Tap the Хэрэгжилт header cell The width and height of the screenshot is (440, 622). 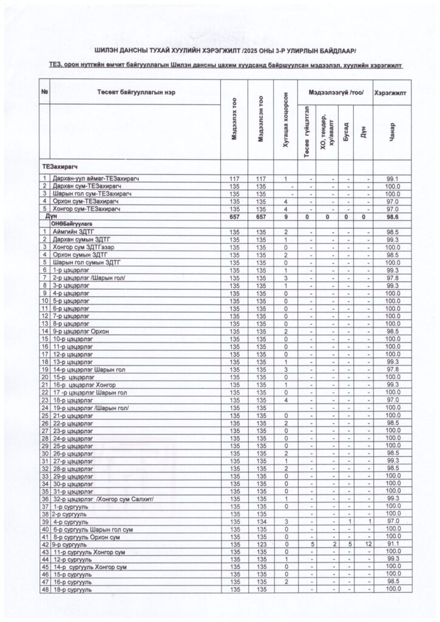[x=391, y=92]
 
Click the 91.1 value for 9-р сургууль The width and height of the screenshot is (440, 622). [x=393, y=545]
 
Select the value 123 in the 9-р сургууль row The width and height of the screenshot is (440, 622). [x=262, y=545]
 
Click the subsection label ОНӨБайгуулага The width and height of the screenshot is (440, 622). [x=72, y=224]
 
